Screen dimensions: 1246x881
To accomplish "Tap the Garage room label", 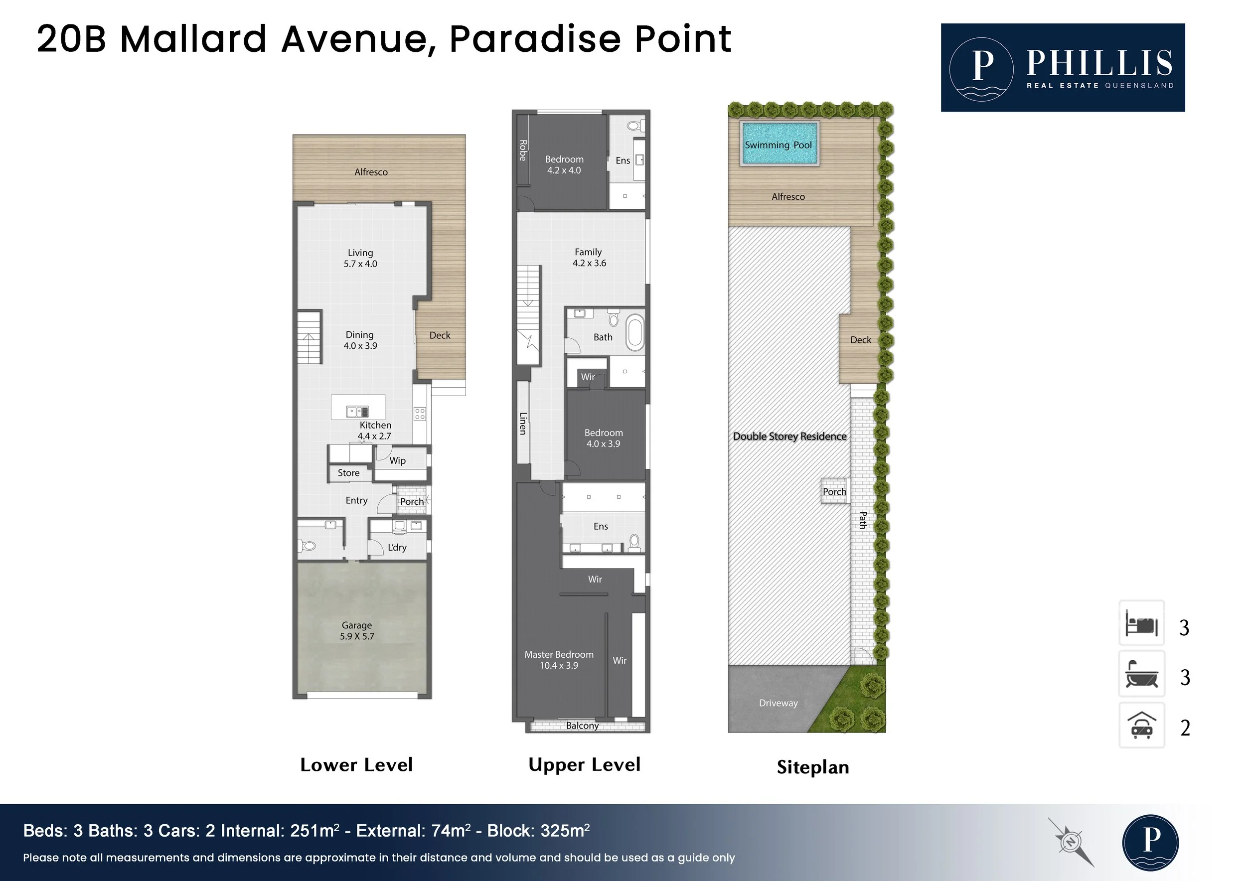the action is click(x=356, y=630).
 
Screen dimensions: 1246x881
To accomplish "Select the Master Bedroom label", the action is click(x=559, y=660).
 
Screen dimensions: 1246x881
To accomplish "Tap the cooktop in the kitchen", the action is click(x=420, y=414).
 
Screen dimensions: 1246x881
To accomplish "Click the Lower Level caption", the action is click(x=356, y=765).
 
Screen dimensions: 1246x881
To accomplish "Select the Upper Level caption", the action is click(x=585, y=765).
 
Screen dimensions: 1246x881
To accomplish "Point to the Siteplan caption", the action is click(x=813, y=767).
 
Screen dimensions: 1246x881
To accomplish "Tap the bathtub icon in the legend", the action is click(x=1142, y=674).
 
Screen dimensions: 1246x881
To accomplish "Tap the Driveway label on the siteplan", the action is click(x=778, y=703).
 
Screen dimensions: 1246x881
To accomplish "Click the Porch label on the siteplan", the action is click(x=834, y=492).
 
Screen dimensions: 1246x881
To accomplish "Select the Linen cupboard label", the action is click(x=523, y=423).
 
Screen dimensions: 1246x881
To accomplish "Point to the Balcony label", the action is click(x=582, y=726).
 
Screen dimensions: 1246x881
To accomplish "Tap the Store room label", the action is click(x=348, y=473).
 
